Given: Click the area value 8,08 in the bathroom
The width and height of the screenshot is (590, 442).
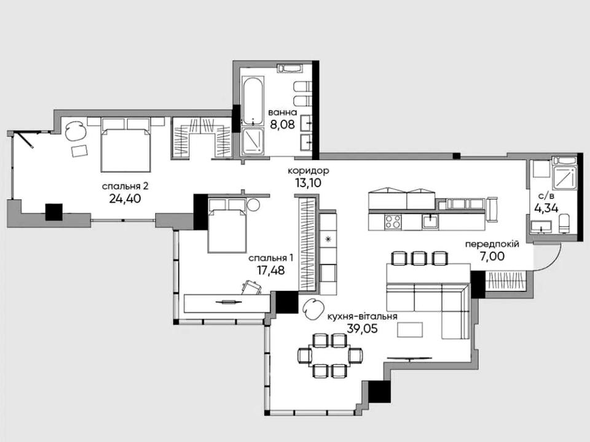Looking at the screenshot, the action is coord(283,124).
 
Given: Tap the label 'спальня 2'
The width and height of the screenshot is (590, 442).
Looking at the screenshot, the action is coord(125,186).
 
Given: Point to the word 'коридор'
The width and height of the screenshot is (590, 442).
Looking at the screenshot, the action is coord(308,171).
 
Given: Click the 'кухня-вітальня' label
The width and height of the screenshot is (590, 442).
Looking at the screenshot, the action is coord(362,317).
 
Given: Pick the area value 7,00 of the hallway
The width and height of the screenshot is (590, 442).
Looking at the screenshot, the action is coord(492,257).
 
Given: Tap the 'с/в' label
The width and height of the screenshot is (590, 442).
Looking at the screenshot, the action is coord(544,195).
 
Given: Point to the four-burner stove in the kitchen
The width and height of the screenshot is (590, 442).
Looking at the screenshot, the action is coord(393,222).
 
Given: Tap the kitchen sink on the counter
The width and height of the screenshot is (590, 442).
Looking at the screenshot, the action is coord(430,221).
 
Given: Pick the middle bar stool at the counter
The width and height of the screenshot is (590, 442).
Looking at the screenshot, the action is coord(419,258).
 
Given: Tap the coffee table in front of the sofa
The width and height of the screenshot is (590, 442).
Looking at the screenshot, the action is coord(411,330).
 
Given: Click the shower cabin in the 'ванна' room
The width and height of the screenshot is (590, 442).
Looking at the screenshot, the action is coord(253,141).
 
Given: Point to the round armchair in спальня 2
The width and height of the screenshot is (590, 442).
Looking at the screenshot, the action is coord(75,130).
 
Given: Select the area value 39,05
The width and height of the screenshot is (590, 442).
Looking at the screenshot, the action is coord(362,329).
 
